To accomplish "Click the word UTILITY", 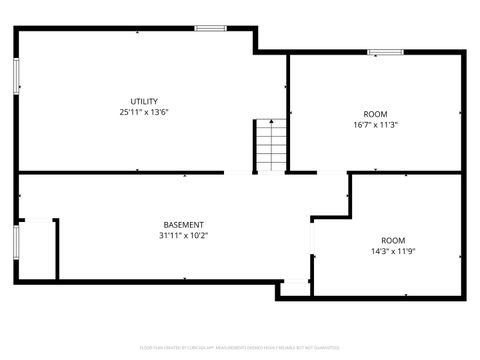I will tap(145, 101).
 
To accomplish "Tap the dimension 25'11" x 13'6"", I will tap(145, 112).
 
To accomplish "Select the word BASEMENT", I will tap(183, 225).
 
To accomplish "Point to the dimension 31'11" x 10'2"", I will tap(183, 236).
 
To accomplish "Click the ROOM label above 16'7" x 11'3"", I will tap(375, 114).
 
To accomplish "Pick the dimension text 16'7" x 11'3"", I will tap(375, 125).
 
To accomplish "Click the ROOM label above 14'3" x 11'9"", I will tap(393, 240).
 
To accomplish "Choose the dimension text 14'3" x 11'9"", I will tap(393, 251).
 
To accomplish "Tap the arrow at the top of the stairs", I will tap(267, 122).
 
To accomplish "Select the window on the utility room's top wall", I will tap(210, 28).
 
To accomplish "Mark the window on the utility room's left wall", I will tap(16, 76).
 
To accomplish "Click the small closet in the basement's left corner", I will tap(37, 250).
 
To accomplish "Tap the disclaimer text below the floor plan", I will tap(240, 347).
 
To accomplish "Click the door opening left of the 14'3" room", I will tap(312, 245).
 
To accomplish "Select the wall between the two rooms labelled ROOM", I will tap(400, 173).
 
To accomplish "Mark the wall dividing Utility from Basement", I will tap(120, 173).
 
